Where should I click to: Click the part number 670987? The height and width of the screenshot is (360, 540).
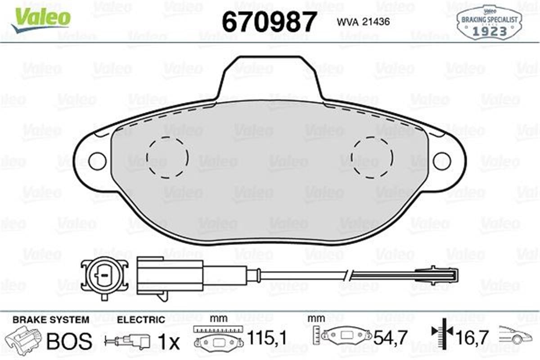click(x=270, y=22)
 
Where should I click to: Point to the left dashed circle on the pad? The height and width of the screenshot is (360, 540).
click(x=167, y=157)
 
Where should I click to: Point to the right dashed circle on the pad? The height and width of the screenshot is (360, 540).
click(x=372, y=157)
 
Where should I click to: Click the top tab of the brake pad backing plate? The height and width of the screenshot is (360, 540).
click(x=270, y=76)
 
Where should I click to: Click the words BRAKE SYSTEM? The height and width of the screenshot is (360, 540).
click(x=50, y=320)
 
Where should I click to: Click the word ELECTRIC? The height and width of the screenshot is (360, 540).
click(x=141, y=320)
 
